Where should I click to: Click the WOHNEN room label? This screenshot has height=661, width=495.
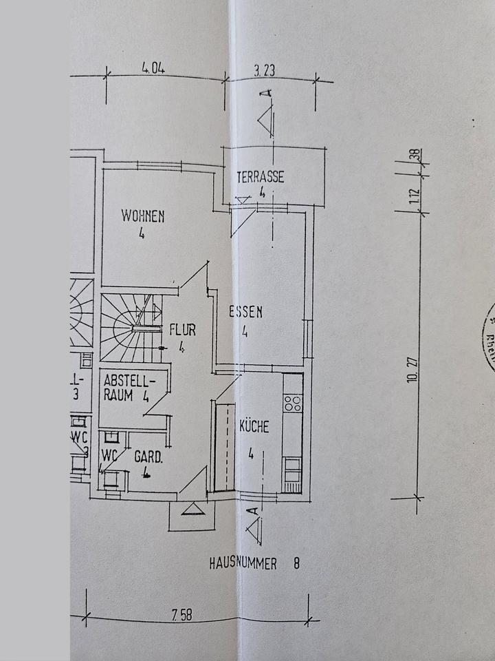click(x=143, y=216)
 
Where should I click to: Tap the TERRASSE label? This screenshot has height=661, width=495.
click(x=260, y=177)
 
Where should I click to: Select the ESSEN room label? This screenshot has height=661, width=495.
click(x=245, y=312)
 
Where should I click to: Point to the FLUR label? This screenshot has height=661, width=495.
click(x=182, y=330)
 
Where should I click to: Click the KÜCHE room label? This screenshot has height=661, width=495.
click(x=254, y=427)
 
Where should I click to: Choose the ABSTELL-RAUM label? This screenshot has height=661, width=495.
click(x=129, y=388)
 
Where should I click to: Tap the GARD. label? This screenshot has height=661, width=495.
click(x=148, y=457)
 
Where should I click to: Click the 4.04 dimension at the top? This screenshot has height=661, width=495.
click(x=154, y=68)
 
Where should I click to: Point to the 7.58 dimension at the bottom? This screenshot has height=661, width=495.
click(x=183, y=615)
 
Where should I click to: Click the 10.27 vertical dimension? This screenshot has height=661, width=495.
click(x=412, y=370)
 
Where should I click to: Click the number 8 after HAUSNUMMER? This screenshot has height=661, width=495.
click(x=296, y=564)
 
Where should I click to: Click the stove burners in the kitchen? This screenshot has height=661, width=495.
click(x=292, y=402)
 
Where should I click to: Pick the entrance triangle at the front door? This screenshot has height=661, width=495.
click(x=192, y=509)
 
